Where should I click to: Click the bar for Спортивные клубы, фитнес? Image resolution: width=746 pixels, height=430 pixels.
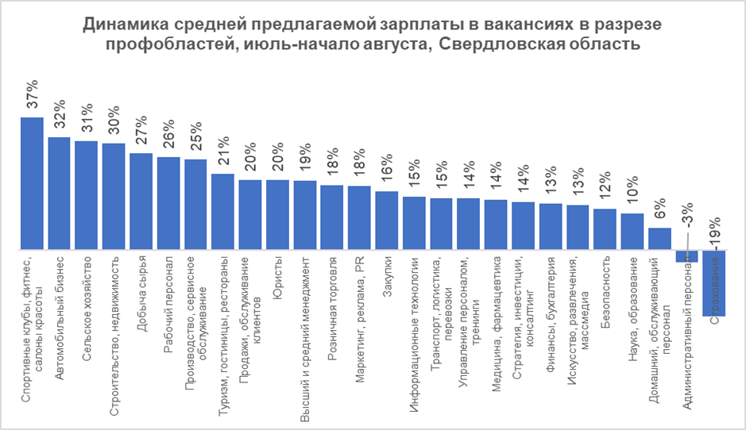tap(32, 183)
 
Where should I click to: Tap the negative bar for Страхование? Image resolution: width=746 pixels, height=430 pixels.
tap(715, 283)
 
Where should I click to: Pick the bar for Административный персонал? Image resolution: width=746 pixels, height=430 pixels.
tap(686, 255)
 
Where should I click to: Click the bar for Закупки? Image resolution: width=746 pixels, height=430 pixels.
tap(387, 221)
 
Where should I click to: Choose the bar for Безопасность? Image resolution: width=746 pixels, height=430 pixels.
tap(605, 229)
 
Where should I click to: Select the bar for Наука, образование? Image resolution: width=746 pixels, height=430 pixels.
tap(632, 232)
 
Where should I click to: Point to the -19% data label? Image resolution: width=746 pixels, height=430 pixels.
tap(715, 234)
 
